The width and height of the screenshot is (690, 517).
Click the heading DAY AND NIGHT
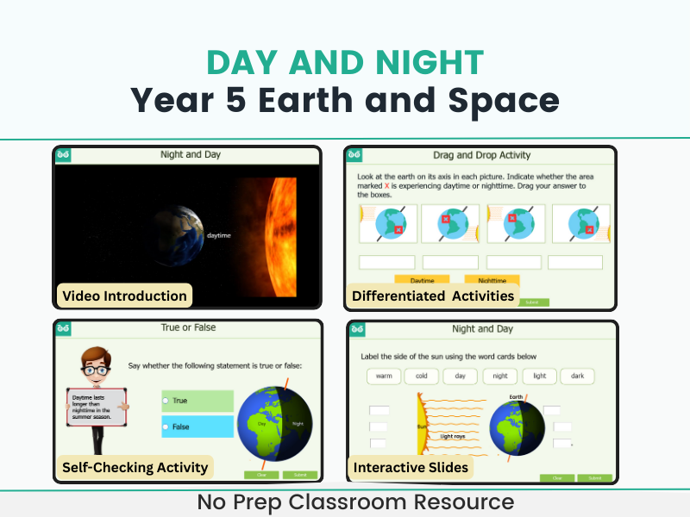[x=345, y=63]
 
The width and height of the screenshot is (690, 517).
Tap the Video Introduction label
[x=124, y=296]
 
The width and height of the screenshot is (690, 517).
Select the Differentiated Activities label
[x=433, y=296]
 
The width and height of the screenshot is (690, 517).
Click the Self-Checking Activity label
[x=135, y=467]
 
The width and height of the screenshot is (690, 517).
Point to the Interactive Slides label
[x=411, y=467]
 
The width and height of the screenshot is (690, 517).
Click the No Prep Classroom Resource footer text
[x=345, y=502]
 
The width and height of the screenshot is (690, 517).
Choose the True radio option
[x=166, y=401]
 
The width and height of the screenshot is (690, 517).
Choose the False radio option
[x=166, y=427]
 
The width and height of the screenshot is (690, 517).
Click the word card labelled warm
[x=384, y=377]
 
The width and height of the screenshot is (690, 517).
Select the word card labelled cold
[x=422, y=377]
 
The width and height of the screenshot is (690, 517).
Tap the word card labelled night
[x=500, y=377]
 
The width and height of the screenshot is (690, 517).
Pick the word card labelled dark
[x=577, y=377]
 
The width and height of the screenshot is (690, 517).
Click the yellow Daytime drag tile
[x=422, y=280]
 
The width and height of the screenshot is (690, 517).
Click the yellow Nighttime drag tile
[x=491, y=280]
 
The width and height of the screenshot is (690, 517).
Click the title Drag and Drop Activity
[x=481, y=155]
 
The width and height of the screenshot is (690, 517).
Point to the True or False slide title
[x=188, y=327]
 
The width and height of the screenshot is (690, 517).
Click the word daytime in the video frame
[x=218, y=234]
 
